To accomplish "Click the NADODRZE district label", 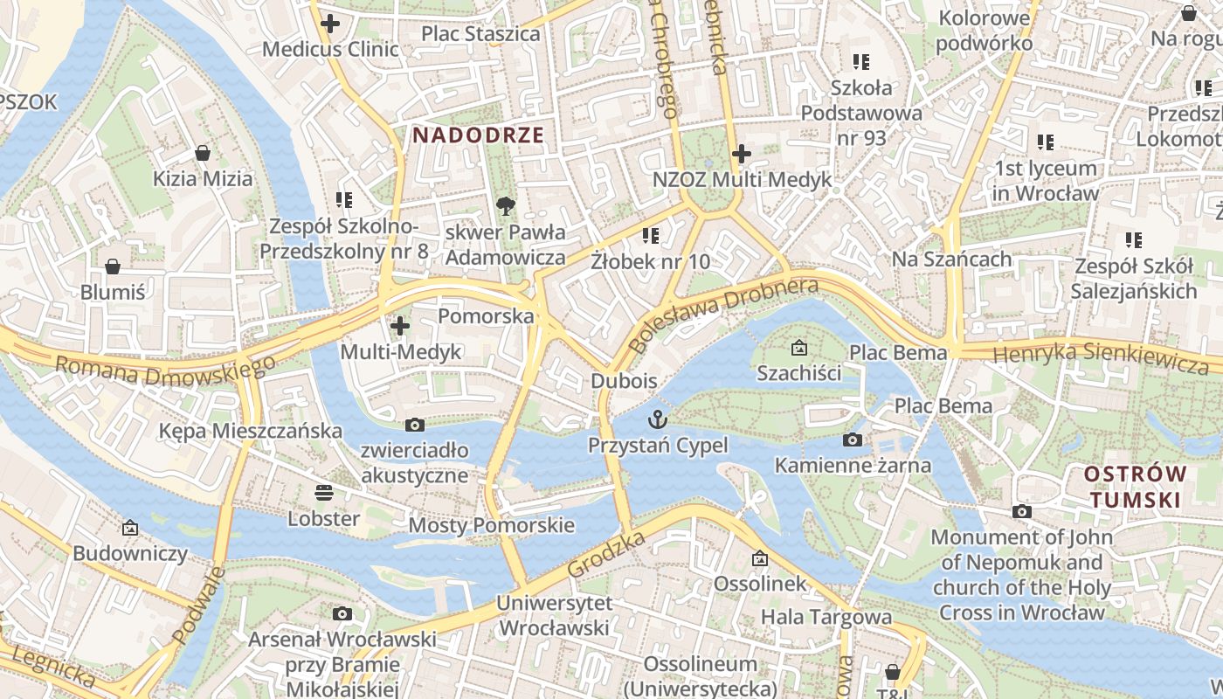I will pyautogui.click(x=478, y=135).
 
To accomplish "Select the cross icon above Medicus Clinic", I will pyautogui.click(x=330, y=24).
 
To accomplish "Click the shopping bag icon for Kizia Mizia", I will pyautogui.click(x=203, y=153).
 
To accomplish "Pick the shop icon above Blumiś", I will pyautogui.click(x=113, y=266).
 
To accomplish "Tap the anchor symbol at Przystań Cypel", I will pyautogui.click(x=657, y=419).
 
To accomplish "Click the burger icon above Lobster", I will pyautogui.click(x=324, y=493).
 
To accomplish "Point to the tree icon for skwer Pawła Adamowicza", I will pyautogui.click(x=505, y=206).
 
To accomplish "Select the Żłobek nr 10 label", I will pyautogui.click(x=650, y=260).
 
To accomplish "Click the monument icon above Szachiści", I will pyautogui.click(x=798, y=348).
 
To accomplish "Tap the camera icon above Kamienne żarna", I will pyautogui.click(x=853, y=439).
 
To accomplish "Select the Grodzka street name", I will pyautogui.click(x=606, y=553).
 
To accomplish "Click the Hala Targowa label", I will pyautogui.click(x=826, y=617).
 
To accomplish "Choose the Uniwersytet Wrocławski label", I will pyautogui.click(x=553, y=615).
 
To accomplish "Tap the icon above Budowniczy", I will pyautogui.click(x=130, y=527).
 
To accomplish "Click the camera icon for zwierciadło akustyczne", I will pyautogui.click(x=415, y=425).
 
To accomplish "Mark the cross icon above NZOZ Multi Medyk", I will pyautogui.click(x=742, y=154).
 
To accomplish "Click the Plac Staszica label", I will pyautogui.click(x=480, y=34).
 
